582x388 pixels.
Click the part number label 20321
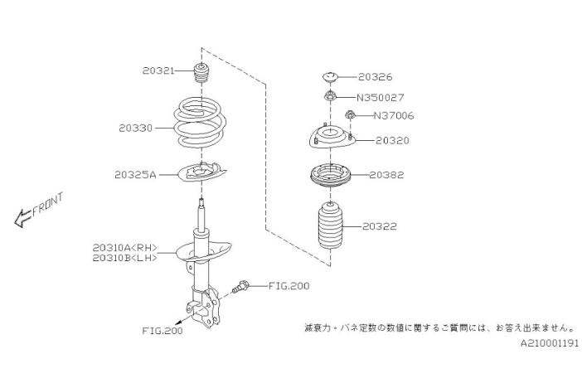(x=158, y=71)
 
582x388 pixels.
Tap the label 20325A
(x=135, y=175)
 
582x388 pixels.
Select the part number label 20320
(x=393, y=141)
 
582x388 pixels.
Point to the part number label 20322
(x=379, y=225)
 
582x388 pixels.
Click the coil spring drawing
(x=197, y=126)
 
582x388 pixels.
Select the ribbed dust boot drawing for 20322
(x=330, y=229)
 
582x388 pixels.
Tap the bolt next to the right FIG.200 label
(x=243, y=287)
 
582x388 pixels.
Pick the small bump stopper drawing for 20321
(x=201, y=73)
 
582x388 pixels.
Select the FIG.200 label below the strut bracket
(x=162, y=330)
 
